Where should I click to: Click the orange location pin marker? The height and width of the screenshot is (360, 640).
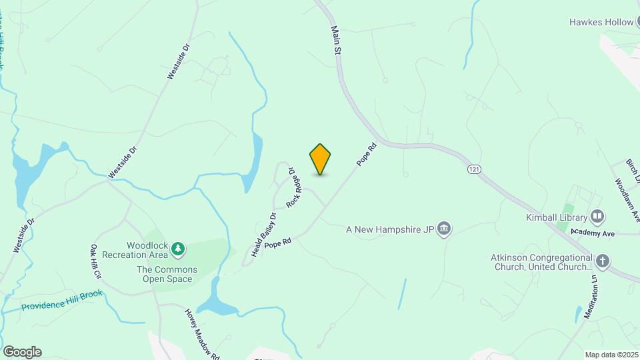coord(321,159)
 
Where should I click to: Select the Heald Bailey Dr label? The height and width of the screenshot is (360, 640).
coord(264,235)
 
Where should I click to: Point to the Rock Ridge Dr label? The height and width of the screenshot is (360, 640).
coord(291,188)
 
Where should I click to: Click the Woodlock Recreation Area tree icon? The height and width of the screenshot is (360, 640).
coord(177,249)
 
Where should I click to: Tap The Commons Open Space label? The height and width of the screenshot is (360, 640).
coord(167,274)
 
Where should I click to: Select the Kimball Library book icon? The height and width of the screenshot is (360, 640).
coord(597,217)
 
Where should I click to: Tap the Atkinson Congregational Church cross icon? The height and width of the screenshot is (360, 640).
coord(603,261)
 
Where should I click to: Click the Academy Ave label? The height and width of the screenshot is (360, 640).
coord(597,233)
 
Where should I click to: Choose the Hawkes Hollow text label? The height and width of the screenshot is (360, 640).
coord(601,22)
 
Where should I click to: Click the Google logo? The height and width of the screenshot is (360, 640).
coord(22,352)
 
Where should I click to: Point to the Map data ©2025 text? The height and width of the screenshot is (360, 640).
coord(611,355)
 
